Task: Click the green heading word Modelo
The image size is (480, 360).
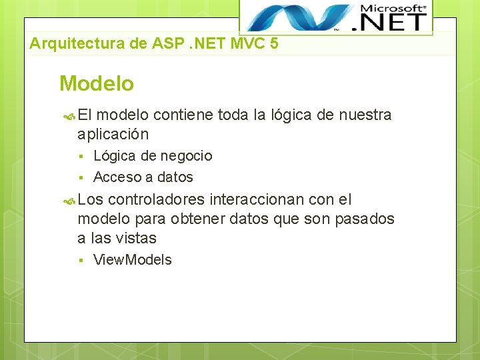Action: (97, 84)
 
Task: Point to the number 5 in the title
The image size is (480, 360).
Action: (275, 45)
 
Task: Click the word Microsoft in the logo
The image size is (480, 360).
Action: (393, 9)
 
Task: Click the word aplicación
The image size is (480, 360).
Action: (113, 134)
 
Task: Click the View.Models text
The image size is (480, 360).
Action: (132, 260)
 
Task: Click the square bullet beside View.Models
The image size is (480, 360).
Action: (79, 261)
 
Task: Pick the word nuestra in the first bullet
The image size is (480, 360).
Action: (365, 115)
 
